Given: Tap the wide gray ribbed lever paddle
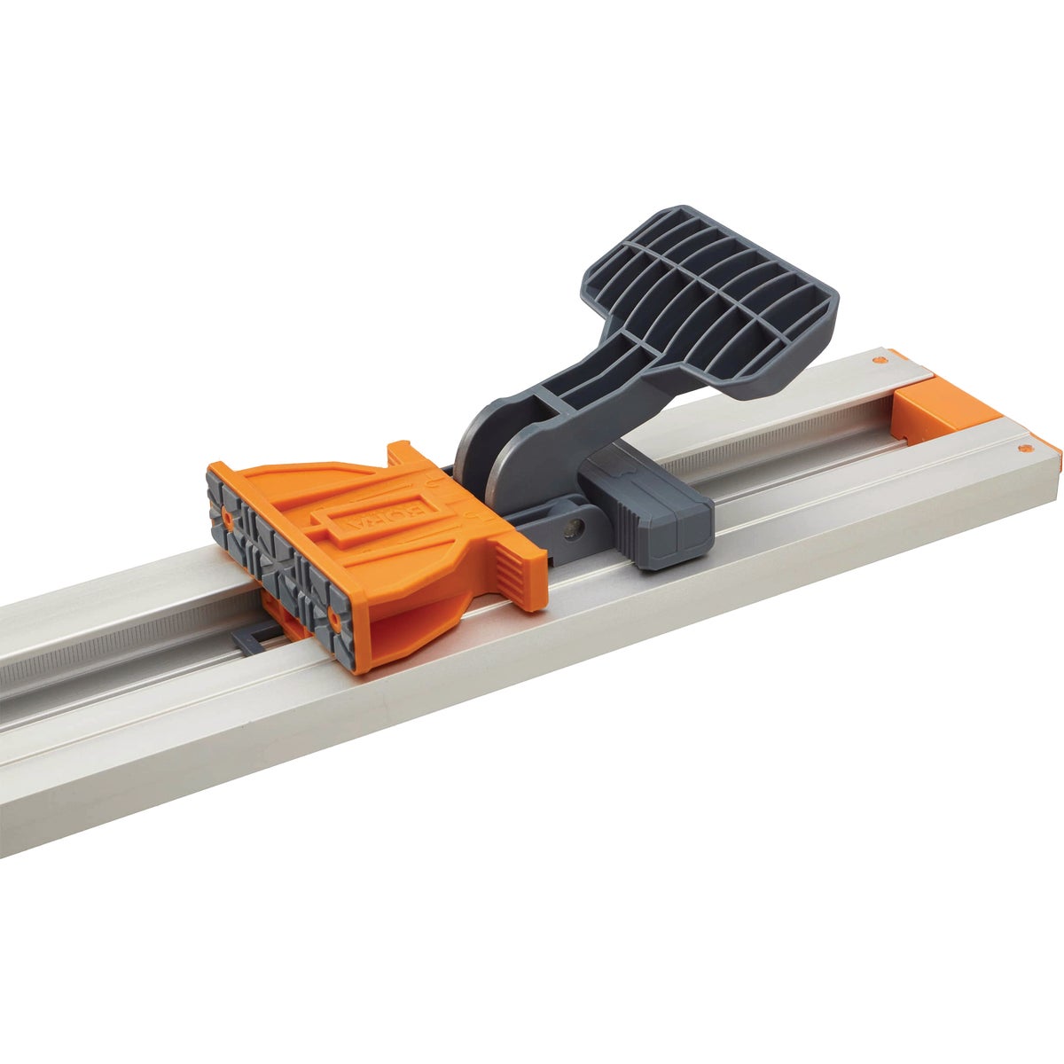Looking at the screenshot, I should pyautogui.click(x=709, y=293).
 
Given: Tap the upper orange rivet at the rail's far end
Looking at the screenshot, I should pyautogui.click(x=878, y=361).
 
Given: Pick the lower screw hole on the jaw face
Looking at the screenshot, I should pyautogui.click(x=334, y=612).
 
